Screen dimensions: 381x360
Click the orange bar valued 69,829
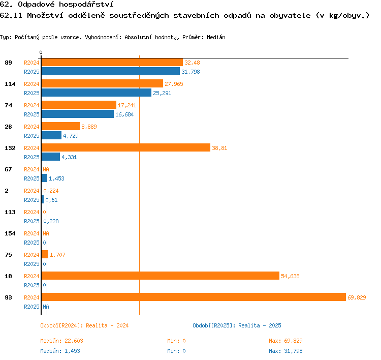coord(194,297)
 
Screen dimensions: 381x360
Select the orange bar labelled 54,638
coord(161,276)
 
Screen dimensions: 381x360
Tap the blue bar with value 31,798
coord(111,71)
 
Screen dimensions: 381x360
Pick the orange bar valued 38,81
coord(126,147)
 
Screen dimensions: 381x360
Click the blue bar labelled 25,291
coord(97,93)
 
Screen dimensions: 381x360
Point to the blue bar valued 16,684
coord(78,114)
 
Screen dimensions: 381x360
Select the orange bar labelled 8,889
coord(60,126)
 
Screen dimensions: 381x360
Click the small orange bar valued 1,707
coord(45,254)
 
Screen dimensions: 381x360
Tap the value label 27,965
coord(174,84)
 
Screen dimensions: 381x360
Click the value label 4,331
coord(69,157)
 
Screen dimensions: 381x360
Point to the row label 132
coord(10,148)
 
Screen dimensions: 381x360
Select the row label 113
coord(10,212)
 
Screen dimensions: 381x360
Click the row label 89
coord(8,63)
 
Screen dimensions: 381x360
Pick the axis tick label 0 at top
coord(41,52)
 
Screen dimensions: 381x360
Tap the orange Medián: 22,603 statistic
coord(61,341)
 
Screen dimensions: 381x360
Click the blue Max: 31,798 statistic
coord(285,351)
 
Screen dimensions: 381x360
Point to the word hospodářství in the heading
coord(86,5)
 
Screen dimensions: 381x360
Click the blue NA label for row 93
coord(46,307)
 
